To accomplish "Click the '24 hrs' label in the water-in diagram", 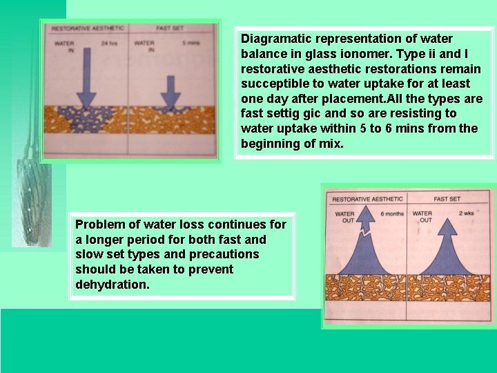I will [109, 44].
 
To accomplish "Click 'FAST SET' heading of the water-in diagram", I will [169, 29].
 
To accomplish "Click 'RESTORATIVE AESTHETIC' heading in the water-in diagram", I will [88, 29].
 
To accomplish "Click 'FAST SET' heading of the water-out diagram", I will [447, 199].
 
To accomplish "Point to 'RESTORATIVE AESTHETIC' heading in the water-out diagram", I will [368, 200].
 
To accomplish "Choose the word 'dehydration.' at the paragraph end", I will [112, 285].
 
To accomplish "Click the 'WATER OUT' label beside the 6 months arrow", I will [344, 217].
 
